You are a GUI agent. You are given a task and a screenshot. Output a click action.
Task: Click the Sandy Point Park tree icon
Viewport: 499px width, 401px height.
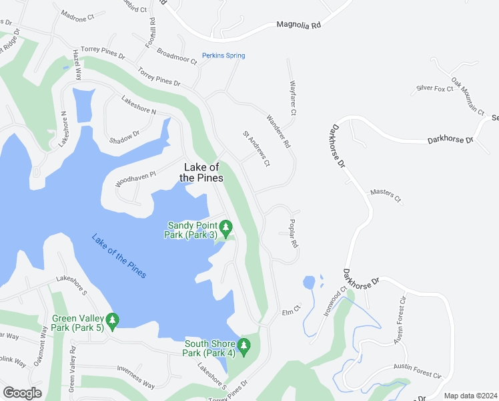point(225,229)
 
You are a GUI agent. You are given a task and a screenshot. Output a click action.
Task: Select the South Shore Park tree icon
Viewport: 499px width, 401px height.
point(244,347)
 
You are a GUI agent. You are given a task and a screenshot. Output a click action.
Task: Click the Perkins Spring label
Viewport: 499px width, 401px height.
point(224,55)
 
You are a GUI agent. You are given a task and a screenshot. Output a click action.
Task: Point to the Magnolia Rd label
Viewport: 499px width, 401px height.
point(298,25)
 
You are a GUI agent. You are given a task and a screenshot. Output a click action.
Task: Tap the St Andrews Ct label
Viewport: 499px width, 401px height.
point(256,148)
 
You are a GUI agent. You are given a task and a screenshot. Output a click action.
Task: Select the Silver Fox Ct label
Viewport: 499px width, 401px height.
point(435,88)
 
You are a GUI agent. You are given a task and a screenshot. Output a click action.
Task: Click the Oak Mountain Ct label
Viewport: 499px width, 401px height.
point(468,96)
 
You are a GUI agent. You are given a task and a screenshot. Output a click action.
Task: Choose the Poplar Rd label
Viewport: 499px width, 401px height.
point(293,234)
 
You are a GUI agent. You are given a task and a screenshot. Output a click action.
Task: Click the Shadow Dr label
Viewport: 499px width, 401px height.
point(125,137)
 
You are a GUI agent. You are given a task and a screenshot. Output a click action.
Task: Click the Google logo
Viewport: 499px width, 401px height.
point(22,392)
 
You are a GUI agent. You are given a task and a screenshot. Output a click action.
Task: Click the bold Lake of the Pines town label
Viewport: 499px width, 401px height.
point(201,172)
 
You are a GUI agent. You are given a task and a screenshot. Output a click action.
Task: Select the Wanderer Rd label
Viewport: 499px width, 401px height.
point(279,131)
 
